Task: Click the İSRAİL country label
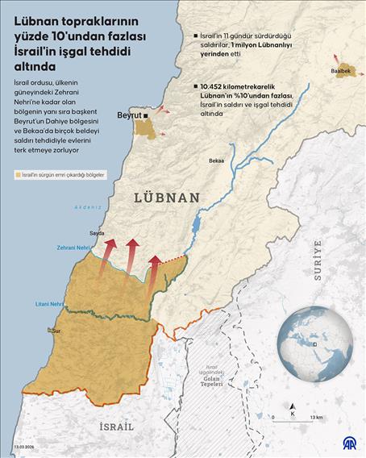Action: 116,426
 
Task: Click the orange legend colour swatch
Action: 18,174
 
